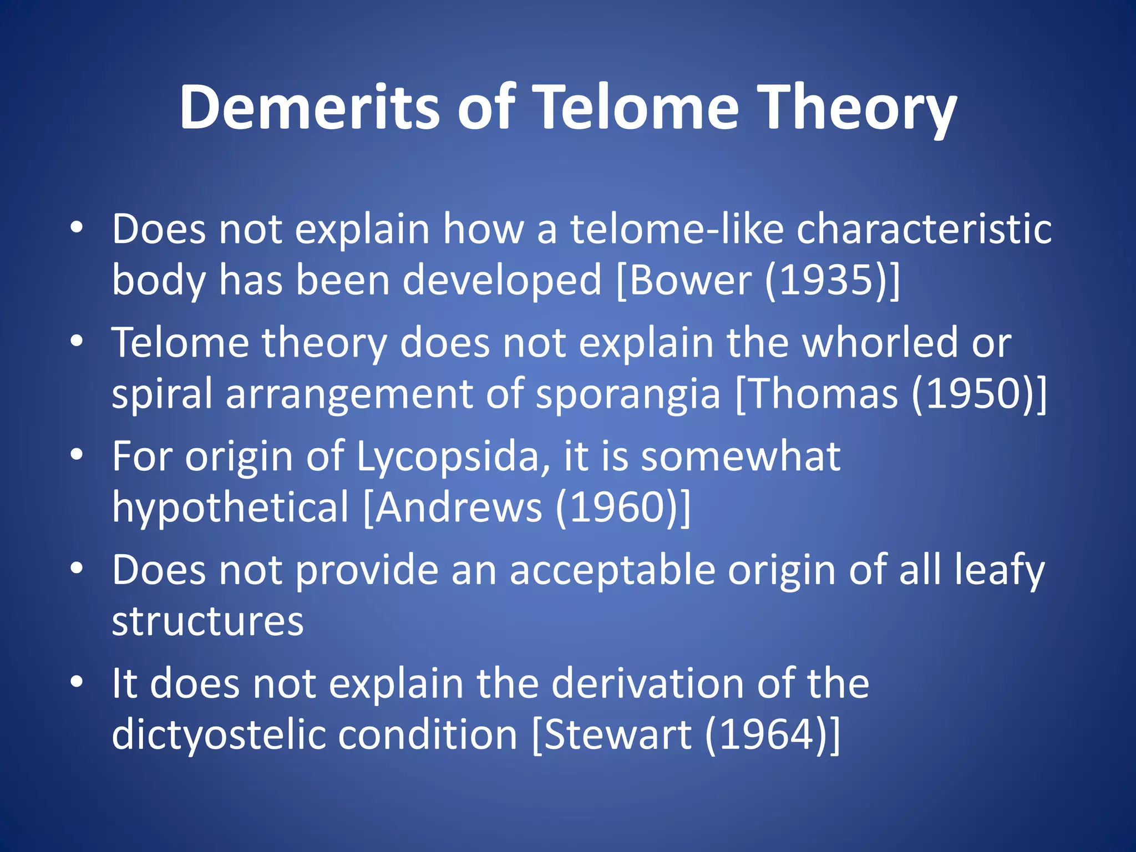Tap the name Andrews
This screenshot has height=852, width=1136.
coord(459,507)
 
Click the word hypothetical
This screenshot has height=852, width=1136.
coord(230,507)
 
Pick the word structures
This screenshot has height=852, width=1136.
coord(207,621)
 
